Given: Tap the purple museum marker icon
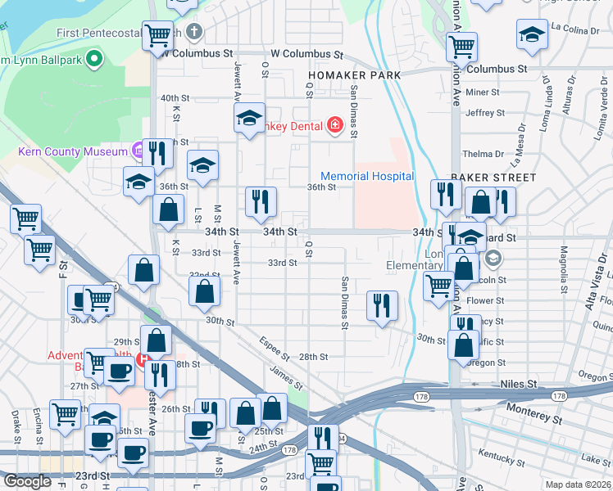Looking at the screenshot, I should tap(138, 151).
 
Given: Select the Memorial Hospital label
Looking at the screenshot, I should tap(366, 177).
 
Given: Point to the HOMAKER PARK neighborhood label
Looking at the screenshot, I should tap(354, 75).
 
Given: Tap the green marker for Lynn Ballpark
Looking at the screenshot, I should tap(93, 58).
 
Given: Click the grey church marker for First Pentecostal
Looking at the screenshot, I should tap(193, 33).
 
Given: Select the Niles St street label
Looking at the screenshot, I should tap(518, 384).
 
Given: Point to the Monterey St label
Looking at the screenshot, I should tap(534, 408).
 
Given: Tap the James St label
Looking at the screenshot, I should tap(288, 376).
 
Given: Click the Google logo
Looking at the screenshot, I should tap(27, 481).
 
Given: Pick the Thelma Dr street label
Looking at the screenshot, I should tap(483, 154).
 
